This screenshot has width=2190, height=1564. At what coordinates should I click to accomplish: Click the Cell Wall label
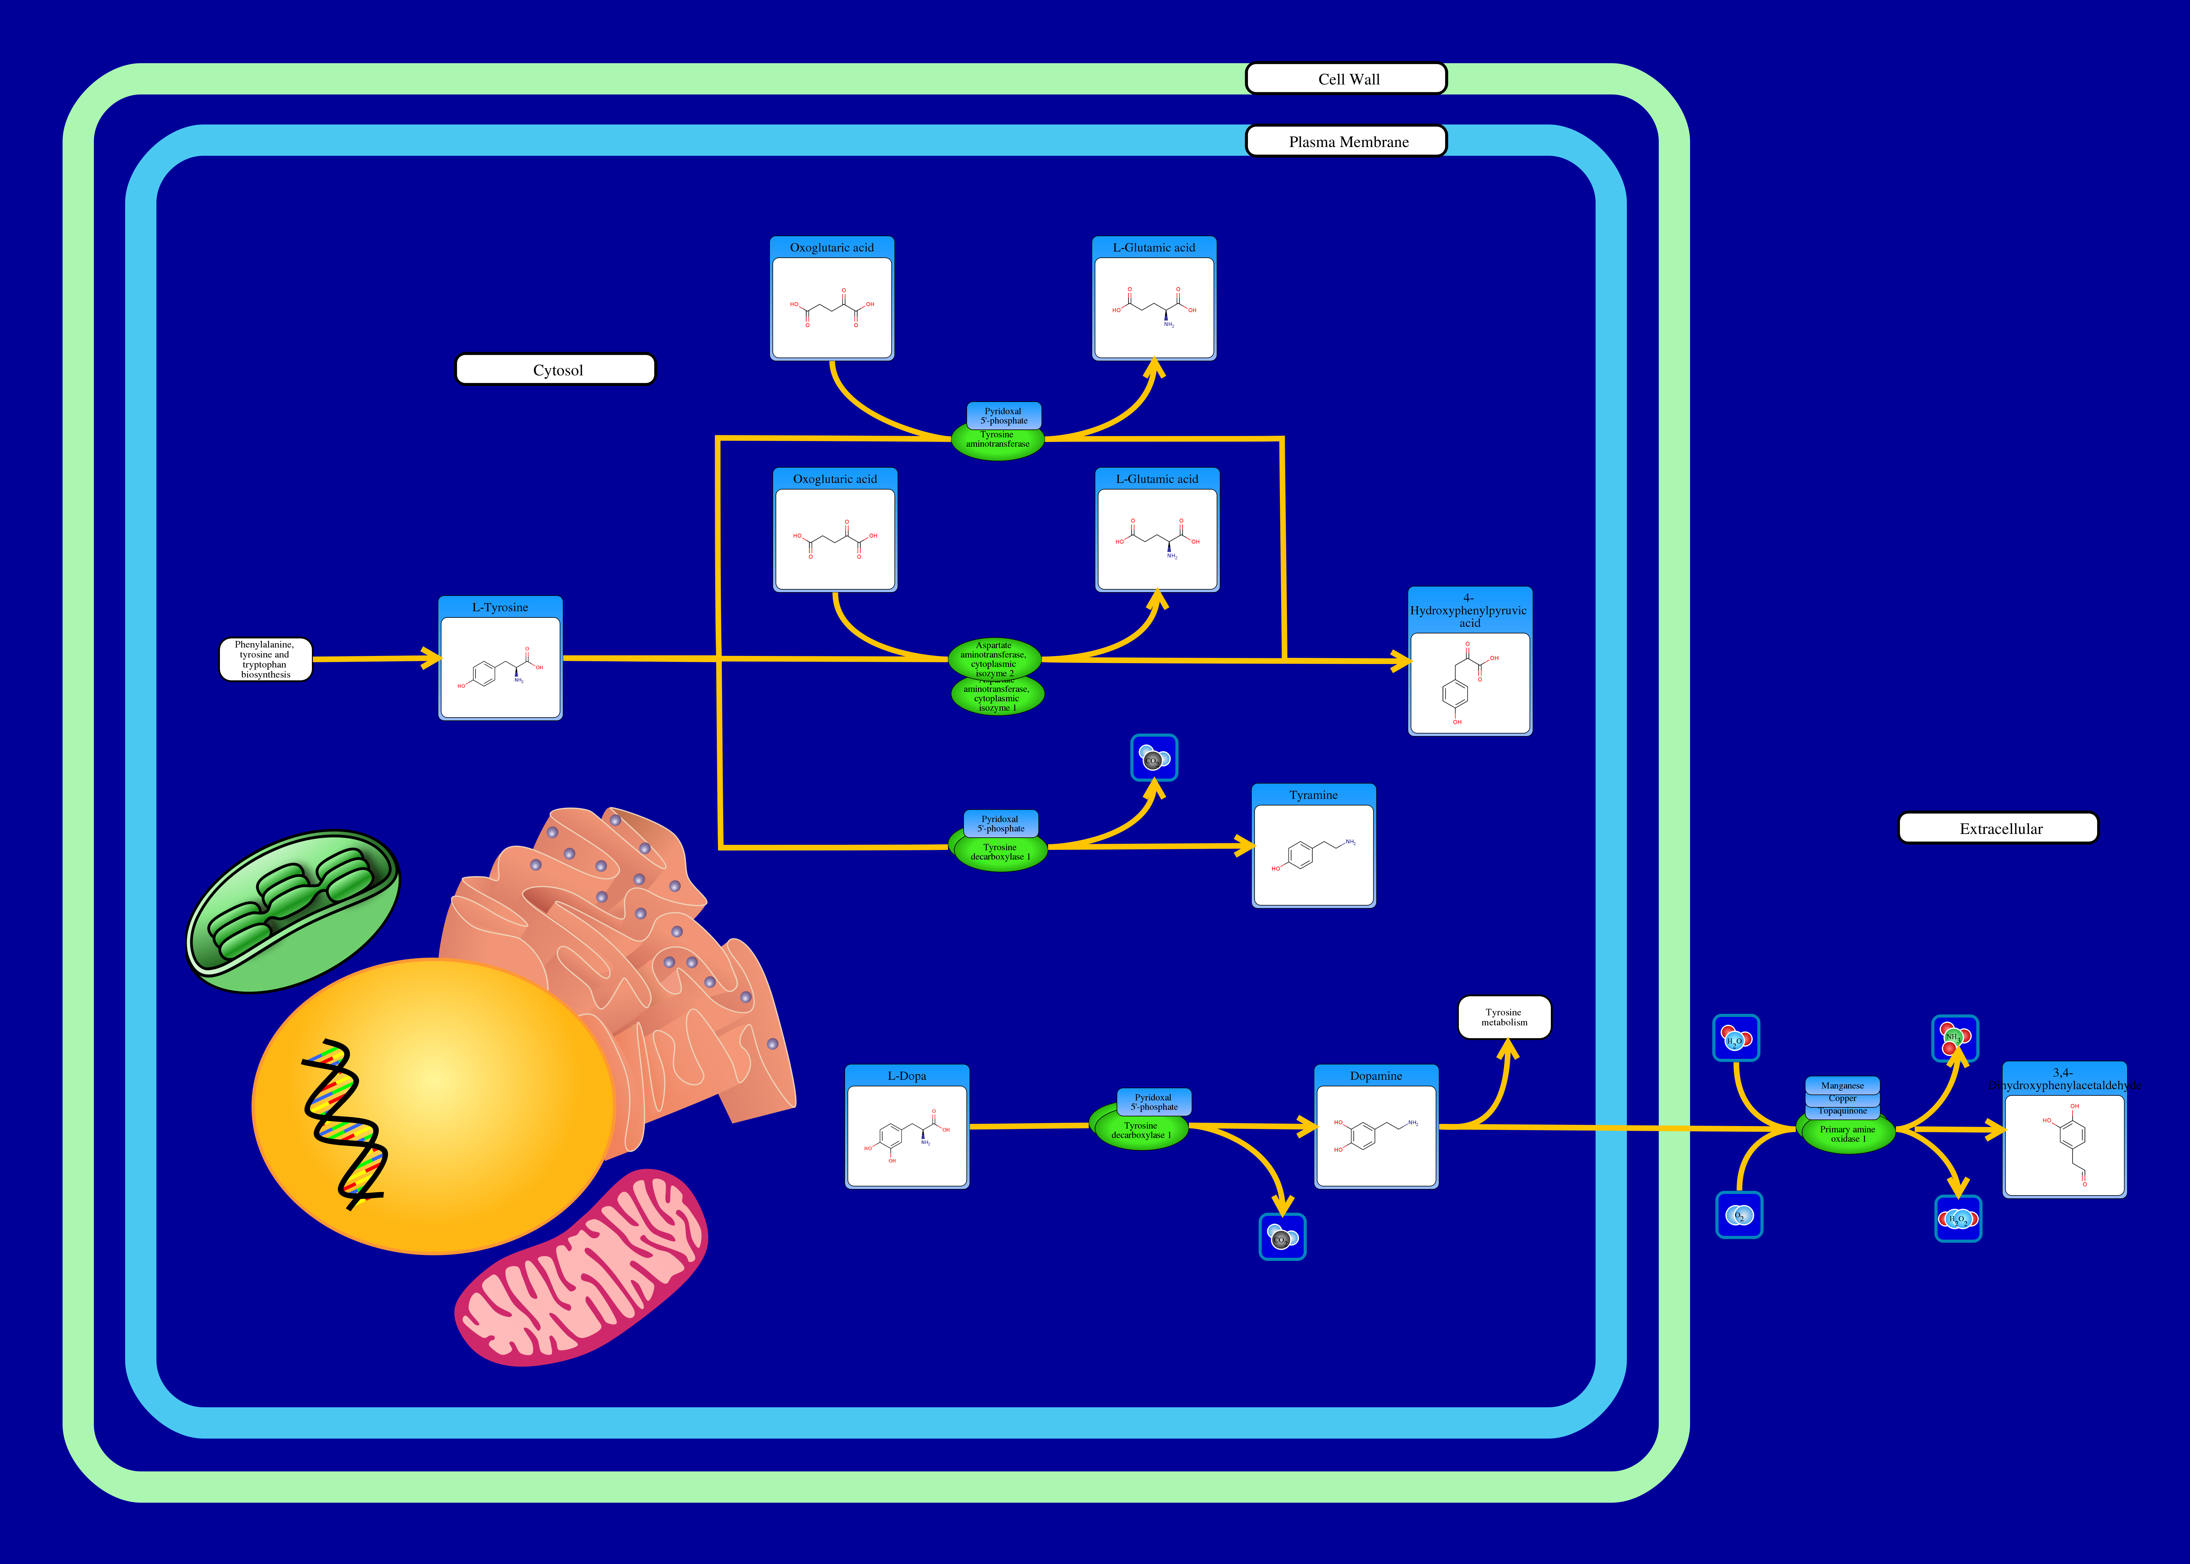coord(1346,79)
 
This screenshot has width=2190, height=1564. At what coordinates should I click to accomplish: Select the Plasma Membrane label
coord(1346,142)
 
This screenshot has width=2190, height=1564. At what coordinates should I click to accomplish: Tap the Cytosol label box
coord(556,370)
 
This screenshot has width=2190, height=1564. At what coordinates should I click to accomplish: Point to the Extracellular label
coord(1998,828)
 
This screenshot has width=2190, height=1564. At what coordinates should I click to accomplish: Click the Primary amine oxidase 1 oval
coord(1846,1134)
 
